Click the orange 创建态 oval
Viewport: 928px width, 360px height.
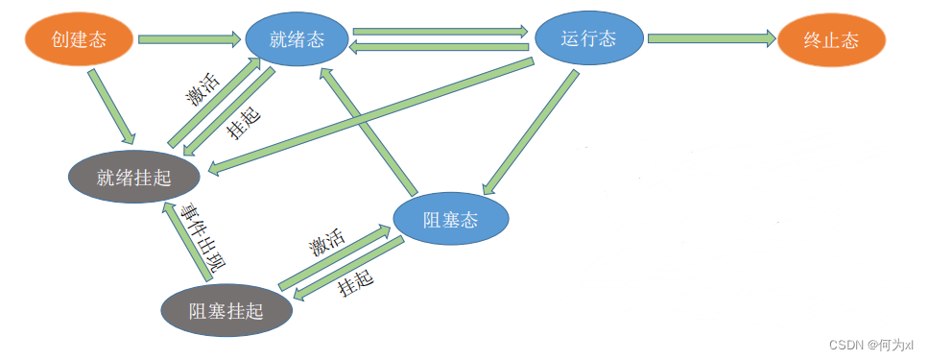point(79,39)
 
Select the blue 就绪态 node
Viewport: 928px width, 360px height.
point(297,40)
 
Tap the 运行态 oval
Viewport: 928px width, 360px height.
point(588,38)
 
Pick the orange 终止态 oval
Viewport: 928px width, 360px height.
point(831,40)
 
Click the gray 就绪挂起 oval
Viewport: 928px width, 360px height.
point(134,177)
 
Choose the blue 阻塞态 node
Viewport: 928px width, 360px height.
point(450,220)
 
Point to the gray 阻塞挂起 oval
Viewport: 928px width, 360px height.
point(226,309)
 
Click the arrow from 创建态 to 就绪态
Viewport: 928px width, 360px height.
point(188,39)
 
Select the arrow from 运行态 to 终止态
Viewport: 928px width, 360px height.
point(710,39)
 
